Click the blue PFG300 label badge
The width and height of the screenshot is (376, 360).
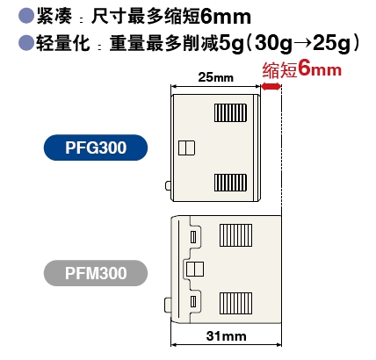[96, 148]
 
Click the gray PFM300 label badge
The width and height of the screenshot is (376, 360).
[96, 273]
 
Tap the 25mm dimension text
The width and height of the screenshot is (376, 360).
[216, 77]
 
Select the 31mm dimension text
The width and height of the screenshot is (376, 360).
[226, 336]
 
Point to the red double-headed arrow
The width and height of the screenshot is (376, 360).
[271, 86]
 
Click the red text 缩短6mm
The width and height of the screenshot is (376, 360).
[302, 69]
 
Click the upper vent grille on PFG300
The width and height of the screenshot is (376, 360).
[230, 112]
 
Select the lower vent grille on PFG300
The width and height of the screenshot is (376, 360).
[230, 183]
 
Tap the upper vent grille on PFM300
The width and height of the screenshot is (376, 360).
[235, 235]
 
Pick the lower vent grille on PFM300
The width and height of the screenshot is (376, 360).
[235, 303]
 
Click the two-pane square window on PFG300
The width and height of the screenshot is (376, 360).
[187, 148]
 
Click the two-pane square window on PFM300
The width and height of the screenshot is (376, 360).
[195, 270]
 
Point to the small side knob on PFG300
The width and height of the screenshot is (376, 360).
[168, 185]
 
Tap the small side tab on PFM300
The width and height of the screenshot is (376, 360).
[168, 306]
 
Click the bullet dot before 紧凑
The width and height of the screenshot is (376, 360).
[26, 16]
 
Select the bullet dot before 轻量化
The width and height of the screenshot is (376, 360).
[26, 43]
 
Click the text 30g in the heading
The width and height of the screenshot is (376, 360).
[273, 44]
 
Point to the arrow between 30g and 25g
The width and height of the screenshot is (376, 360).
[303, 44]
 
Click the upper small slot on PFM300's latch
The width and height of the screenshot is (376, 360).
[193, 237]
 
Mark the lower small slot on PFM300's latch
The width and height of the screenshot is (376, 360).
[193, 301]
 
